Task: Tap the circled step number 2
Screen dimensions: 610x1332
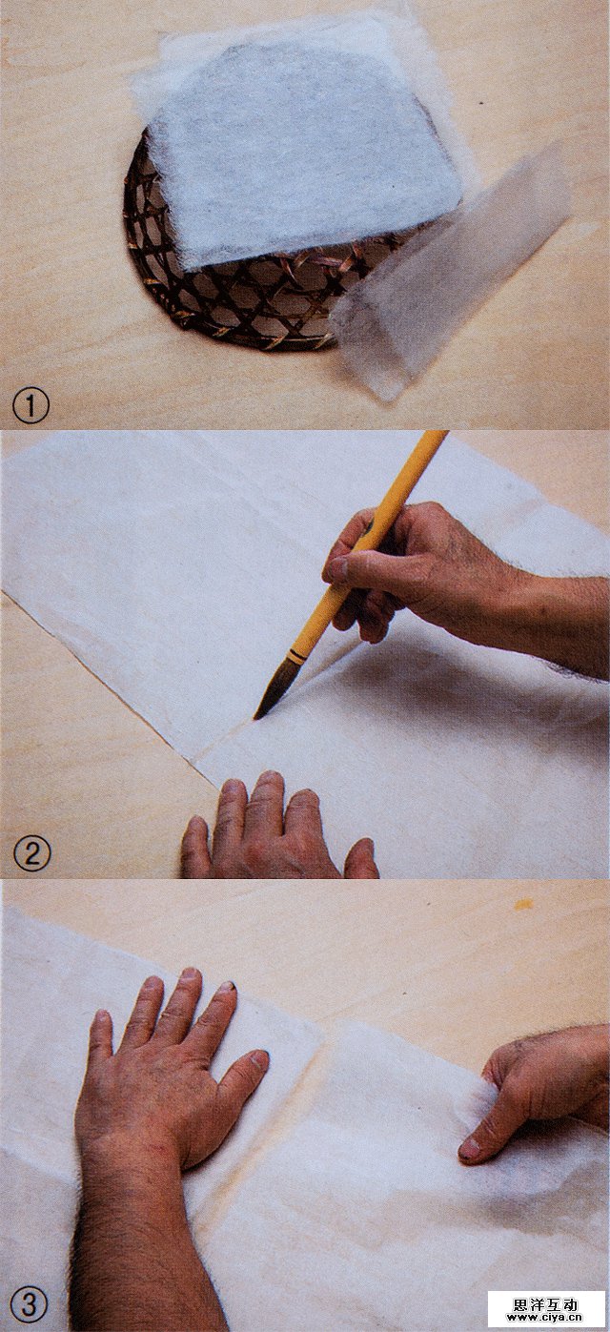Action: [31, 854]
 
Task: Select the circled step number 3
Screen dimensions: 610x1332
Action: [30, 1305]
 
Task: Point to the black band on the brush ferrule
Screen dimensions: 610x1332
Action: [295, 657]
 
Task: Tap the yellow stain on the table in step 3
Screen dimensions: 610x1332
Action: [523, 905]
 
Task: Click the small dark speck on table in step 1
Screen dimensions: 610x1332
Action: [480, 104]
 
